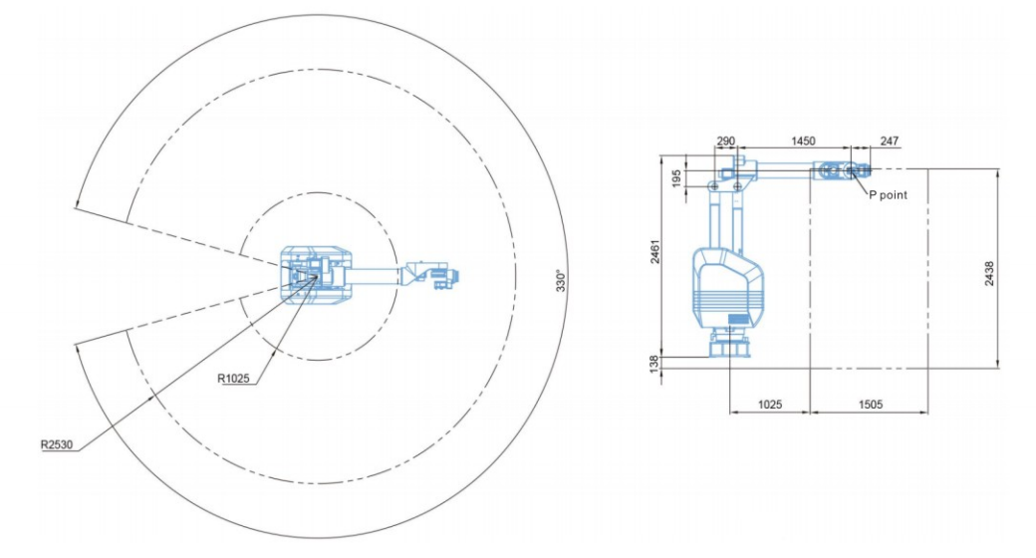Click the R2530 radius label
pyautogui.click(x=57, y=444)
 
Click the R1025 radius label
pyautogui.click(x=233, y=379)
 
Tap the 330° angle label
pyautogui.click(x=560, y=280)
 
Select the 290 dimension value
pyautogui.click(x=725, y=140)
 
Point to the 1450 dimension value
pyautogui.click(x=803, y=140)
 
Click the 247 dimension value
pyautogui.click(x=890, y=140)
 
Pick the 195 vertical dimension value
pyautogui.click(x=676, y=177)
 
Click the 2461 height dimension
pyautogui.click(x=654, y=252)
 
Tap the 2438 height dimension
pyautogui.click(x=989, y=273)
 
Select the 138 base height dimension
pyautogui.click(x=653, y=363)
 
